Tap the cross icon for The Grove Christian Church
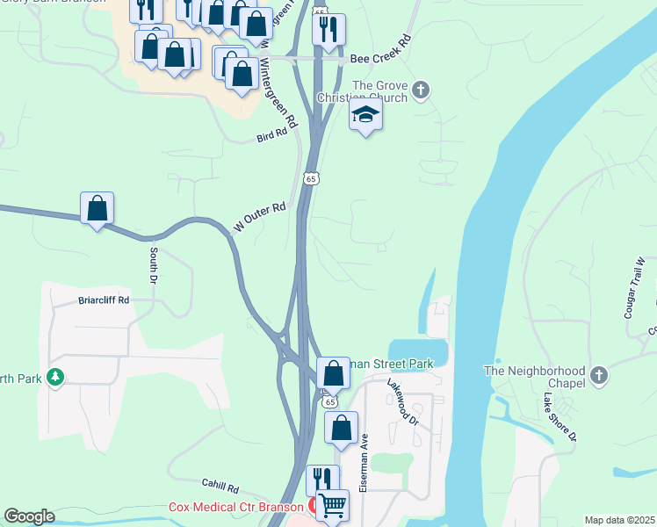coord(421,89)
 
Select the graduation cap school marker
coord(365,114)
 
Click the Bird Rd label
coord(272,135)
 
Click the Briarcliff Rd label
coord(104,300)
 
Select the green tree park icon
coord(55,378)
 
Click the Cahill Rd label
coord(219,487)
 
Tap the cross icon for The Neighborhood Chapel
coord(599,376)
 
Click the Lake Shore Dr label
coord(559,417)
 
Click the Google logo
coord(28,516)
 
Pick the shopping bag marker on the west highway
coord(97,208)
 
